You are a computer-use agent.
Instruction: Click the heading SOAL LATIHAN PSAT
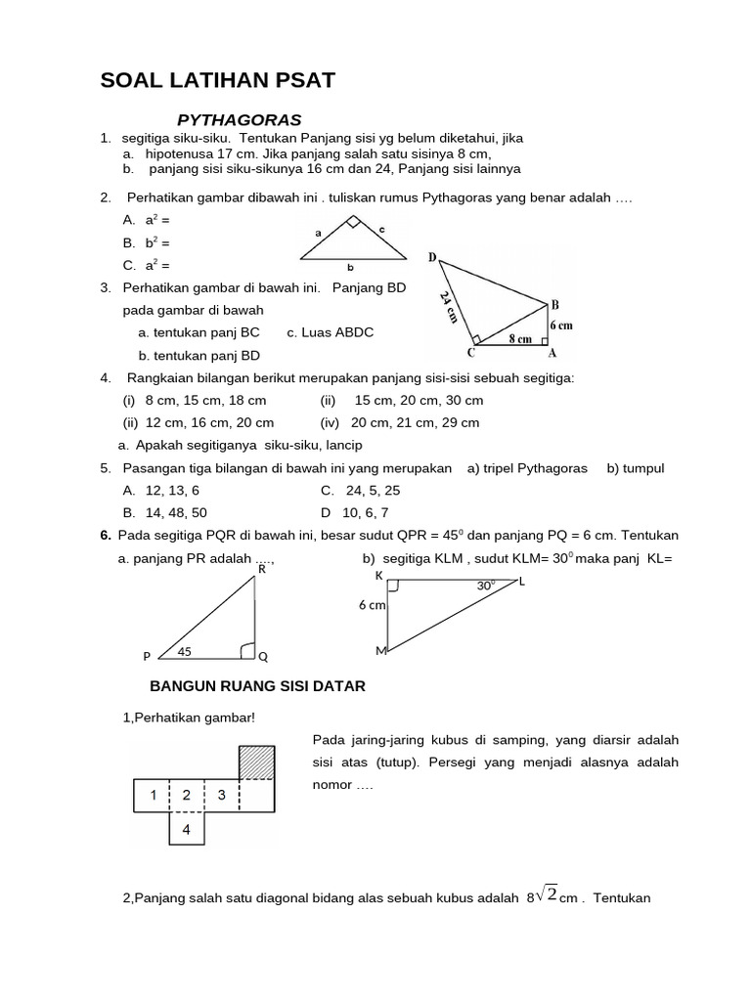pos(217,81)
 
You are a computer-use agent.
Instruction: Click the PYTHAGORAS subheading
pos(239,120)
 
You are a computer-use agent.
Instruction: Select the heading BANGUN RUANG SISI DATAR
pos(256,687)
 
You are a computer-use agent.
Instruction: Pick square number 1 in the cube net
pos(153,796)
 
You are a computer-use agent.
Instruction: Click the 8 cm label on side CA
pos(518,339)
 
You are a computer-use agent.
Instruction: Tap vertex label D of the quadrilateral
pos(432,257)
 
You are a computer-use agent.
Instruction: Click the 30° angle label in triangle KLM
pos(485,586)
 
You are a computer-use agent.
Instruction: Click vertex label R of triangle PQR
pos(261,568)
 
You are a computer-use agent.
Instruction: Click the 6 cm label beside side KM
pos(373,606)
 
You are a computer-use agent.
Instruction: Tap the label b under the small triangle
pos(350,267)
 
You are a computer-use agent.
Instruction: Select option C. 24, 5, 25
pos(360,491)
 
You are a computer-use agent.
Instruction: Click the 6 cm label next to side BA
pos(560,326)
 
